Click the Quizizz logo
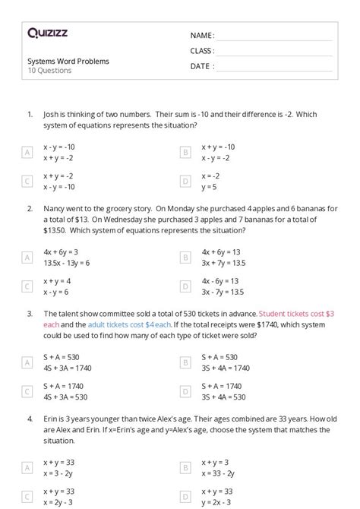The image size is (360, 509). [47, 33]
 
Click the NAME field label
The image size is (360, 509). [202, 35]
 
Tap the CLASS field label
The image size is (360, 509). [202, 51]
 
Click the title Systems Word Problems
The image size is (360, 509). [68, 61]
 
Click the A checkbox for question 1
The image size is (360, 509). [27, 153]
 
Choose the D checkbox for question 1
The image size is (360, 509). [185, 182]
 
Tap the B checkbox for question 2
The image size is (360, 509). [185, 258]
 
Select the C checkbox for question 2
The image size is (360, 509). [27, 286]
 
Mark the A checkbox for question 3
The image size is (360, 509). [27, 362]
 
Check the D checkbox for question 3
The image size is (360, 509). [185, 391]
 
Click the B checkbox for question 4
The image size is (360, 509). [185, 467]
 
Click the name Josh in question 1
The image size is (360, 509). [52, 114]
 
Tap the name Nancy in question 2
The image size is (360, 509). [55, 207]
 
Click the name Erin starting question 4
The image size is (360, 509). [51, 417]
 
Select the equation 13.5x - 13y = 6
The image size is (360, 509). [67, 263]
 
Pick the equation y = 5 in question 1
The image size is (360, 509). [209, 186]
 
